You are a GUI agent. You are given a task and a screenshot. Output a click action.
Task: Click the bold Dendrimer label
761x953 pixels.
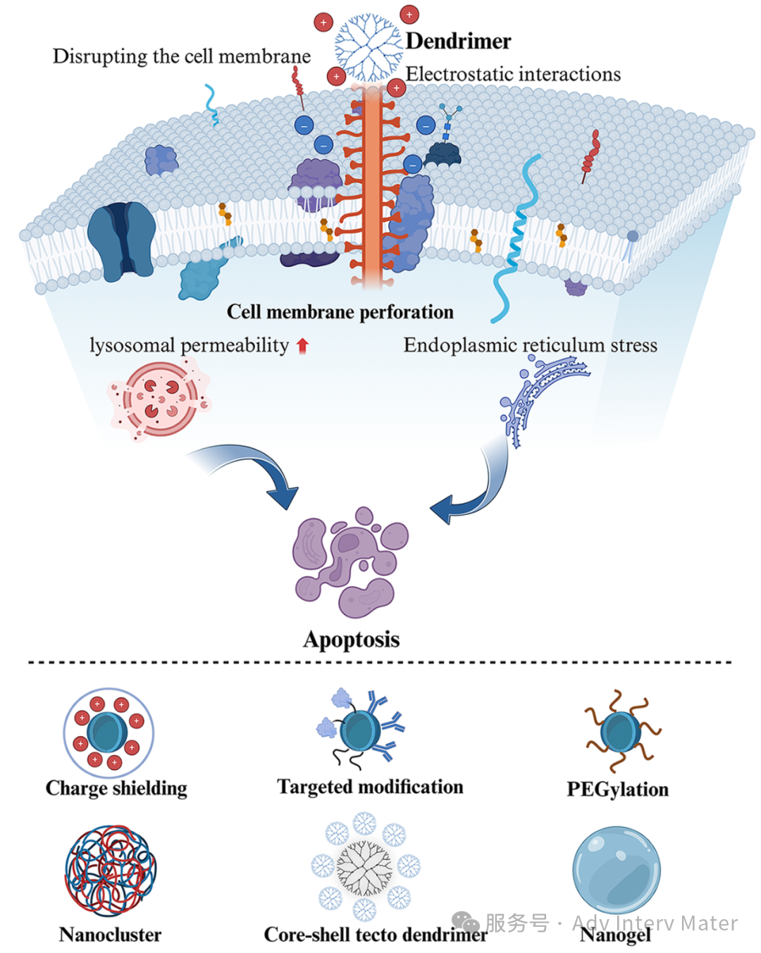click(458, 41)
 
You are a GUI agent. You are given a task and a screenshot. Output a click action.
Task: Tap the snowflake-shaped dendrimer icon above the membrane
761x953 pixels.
click(366, 48)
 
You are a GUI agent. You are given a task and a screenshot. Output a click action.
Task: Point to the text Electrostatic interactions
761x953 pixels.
click(513, 74)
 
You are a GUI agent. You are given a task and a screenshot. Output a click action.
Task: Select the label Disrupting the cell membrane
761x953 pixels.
click(181, 56)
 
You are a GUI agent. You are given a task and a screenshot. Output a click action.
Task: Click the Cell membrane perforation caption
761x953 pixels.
click(340, 312)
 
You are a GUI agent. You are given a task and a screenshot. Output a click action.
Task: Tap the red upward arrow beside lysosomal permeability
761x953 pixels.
click(302, 345)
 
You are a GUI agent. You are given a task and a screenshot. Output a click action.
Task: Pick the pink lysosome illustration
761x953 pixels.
click(160, 398)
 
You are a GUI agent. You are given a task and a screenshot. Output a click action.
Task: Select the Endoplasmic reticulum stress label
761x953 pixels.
click(530, 345)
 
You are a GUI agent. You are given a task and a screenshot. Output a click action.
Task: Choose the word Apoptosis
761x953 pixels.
click(351, 640)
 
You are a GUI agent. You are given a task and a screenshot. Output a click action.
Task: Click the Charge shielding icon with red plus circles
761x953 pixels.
click(109, 733)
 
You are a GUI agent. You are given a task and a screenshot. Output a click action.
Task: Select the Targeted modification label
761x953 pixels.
click(370, 787)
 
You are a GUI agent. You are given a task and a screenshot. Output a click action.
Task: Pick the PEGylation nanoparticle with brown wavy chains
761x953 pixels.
click(621, 732)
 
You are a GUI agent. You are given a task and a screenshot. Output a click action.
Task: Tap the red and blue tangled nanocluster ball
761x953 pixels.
click(111, 871)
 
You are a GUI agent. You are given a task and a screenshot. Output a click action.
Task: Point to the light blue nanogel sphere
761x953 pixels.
click(617, 871)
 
